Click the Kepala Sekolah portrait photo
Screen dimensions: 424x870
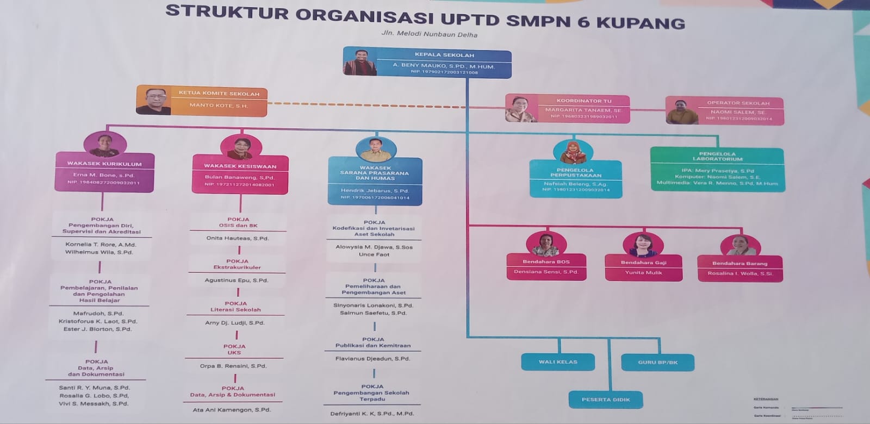pos(360,63)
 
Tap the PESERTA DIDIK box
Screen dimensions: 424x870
pos(606,400)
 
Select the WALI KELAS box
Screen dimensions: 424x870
pos(558,362)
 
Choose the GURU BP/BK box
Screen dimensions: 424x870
pos(657,362)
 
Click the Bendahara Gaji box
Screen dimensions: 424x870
pos(643,267)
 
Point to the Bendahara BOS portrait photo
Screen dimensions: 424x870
pos(546,245)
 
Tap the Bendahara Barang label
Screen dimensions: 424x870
pos(739,263)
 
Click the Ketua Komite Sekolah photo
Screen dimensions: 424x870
pos(154,101)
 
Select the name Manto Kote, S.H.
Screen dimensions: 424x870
pos(219,105)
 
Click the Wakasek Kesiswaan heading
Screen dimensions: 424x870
pos(240,166)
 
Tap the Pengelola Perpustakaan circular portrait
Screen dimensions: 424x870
pos(573,152)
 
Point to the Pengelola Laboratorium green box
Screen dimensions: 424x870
pos(717,169)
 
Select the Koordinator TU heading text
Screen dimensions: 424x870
pos(583,101)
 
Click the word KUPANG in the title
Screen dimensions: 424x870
pos(641,23)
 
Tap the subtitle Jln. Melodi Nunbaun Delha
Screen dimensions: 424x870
pos(429,34)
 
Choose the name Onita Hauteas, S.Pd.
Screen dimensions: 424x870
pos(237,238)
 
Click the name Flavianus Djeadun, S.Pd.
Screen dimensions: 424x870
pos(372,359)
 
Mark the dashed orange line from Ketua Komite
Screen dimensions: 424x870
pos(386,103)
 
